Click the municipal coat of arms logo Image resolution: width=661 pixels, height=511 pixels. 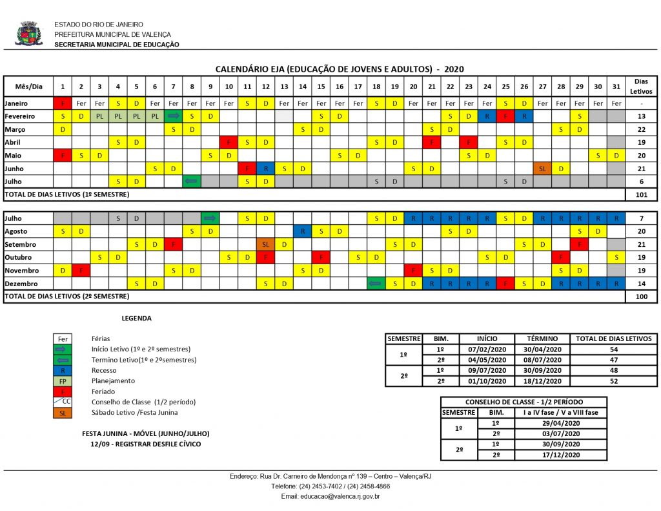tap(29, 34)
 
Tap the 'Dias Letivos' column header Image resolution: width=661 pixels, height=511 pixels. tap(641, 86)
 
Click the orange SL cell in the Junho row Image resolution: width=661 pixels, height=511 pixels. tap(542, 168)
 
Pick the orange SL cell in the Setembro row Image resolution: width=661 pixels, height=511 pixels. tap(265, 245)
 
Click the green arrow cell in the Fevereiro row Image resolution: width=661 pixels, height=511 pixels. tap(173, 116)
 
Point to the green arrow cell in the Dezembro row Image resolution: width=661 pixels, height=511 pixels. tap(376, 284)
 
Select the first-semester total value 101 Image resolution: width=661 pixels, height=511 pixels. tap(641, 194)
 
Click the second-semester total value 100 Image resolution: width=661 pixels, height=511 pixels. tap(641, 296)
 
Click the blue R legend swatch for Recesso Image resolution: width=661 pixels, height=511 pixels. tap(63, 370)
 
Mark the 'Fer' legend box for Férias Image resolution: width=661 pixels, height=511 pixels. tap(63, 339)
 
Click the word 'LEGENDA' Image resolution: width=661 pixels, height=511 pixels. tap(137, 318)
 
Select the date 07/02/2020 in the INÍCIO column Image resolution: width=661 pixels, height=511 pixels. tap(487, 349)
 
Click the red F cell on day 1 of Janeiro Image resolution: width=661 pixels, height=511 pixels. tap(63, 103)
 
